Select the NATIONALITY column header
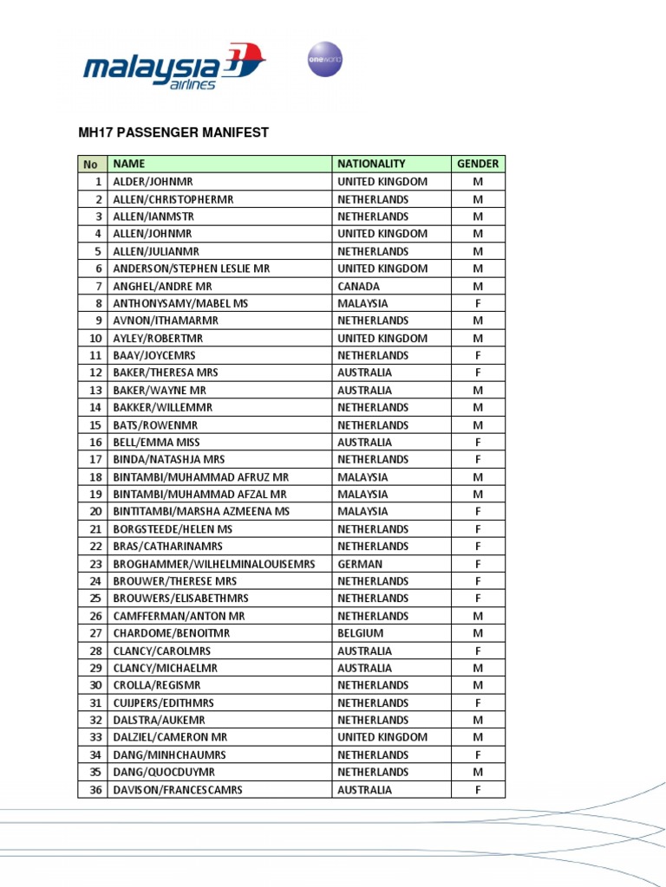click(371, 164)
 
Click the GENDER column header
click(478, 164)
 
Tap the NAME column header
click(129, 164)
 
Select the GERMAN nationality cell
click(360, 564)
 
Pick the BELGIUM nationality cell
click(361, 633)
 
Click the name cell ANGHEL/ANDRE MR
click(163, 286)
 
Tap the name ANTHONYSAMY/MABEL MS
click(180, 303)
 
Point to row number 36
click(96, 789)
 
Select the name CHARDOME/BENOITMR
click(171, 633)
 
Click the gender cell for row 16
click(478, 442)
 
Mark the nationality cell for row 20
click(362, 512)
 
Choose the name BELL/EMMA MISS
click(157, 442)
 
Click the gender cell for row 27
click(478, 633)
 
